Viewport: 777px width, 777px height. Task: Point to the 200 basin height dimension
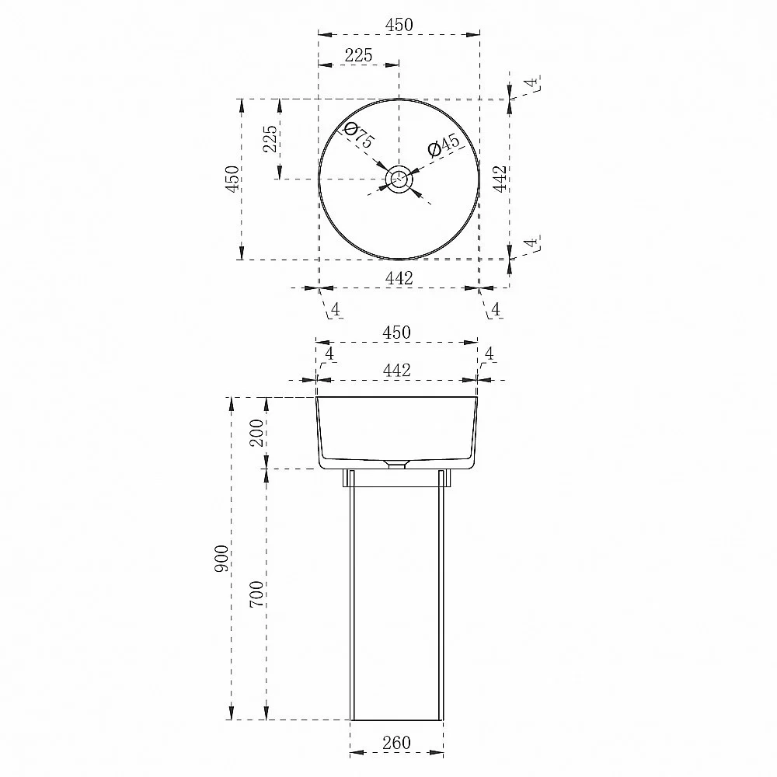(x=256, y=433)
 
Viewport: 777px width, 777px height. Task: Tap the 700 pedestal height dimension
(x=256, y=594)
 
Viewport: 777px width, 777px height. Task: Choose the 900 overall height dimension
(x=221, y=559)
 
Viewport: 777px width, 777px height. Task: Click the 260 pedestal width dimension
(x=396, y=742)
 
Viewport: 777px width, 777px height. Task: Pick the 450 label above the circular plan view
(x=399, y=25)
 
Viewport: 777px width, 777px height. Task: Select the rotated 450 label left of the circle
(x=232, y=179)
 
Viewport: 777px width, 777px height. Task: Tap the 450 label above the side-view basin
(x=396, y=332)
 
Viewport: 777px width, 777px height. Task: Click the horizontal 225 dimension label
(x=358, y=55)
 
